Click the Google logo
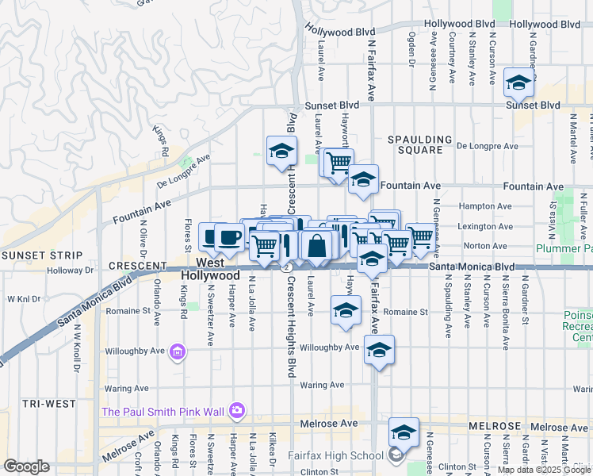[26, 466]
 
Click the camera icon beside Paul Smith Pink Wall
[236, 410]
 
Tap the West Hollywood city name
[210, 268]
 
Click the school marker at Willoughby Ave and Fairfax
[380, 350]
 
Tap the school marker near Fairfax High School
[404, 432]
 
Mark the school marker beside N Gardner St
[518, 83]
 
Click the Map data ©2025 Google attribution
[543, 469]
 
